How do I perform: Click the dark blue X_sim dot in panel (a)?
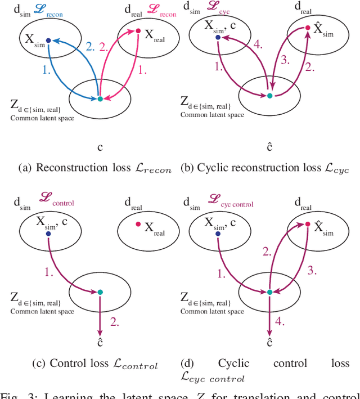pos(48,40)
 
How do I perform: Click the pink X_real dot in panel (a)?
pos(138,31)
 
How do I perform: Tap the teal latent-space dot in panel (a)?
pos(100,98)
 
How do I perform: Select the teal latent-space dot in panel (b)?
pos(269,96)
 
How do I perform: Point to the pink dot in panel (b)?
pos(308,28)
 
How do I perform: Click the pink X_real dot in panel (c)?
pos(138,225)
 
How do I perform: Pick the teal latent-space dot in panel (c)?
pos(100,292)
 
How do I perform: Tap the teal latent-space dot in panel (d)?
pos(269,292)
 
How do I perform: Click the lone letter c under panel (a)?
pos(100,147)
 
